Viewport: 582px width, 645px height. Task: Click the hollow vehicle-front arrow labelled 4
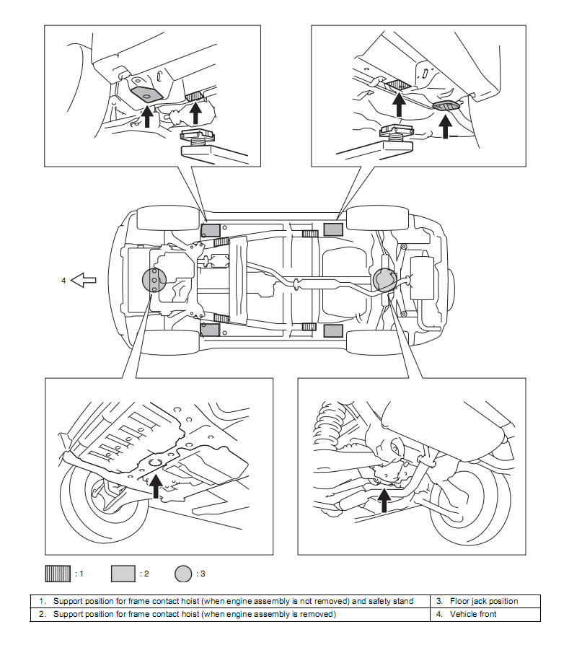[84, 280]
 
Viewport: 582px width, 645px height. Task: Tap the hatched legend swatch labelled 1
[58, 574]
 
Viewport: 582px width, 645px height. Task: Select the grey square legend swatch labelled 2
[123, 574]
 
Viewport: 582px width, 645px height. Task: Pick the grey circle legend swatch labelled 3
[183, 574]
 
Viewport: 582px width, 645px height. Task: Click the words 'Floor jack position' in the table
[484, 601]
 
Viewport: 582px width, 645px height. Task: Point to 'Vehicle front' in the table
[473, 614]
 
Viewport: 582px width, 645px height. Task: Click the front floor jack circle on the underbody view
[154, 280]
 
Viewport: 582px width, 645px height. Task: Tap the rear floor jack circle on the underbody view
[385, 280]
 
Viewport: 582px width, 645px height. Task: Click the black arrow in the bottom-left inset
[156, 486]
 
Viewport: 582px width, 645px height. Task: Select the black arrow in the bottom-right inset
[384, 500]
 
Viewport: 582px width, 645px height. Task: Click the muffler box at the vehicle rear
[423, 278]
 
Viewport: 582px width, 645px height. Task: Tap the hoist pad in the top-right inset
[397, 131]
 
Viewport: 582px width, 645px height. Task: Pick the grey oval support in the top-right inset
[446, 105]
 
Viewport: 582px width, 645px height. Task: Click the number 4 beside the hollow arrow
[63, 281]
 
